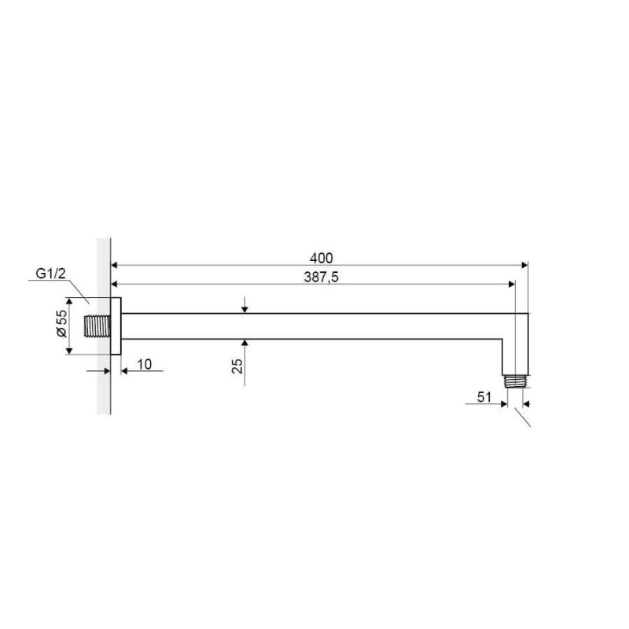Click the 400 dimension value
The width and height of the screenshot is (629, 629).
[x=321, y=258]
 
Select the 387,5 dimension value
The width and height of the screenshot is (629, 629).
[x=321, y=277]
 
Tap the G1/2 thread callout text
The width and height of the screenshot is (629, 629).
[x=50, y=273]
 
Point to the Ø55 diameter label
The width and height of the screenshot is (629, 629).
[x=61, y=323]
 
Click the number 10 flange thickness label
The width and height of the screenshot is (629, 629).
[x=145, y=364]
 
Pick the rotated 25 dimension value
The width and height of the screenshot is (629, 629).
[x=237, y=366]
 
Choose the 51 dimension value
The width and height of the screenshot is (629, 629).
[x=484, y=397]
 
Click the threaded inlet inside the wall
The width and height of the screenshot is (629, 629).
[x=97, y=326]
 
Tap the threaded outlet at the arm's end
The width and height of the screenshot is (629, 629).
[x=516, y=381]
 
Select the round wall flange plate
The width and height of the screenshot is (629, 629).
[x=116, y=326]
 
